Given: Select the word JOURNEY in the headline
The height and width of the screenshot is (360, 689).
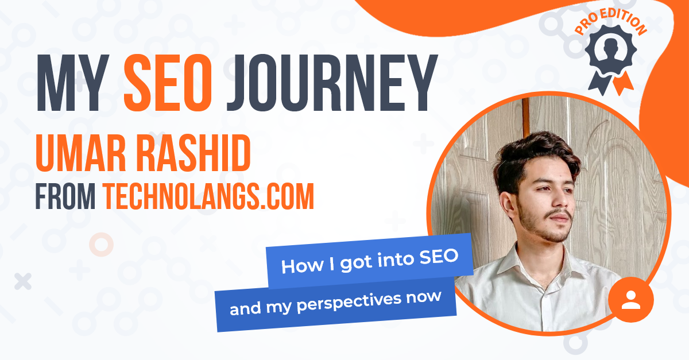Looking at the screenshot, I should coord(329,83).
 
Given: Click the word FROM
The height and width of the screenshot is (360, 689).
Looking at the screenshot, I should coord(65,197).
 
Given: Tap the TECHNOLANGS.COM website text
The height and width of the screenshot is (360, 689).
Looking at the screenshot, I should coord(208,197).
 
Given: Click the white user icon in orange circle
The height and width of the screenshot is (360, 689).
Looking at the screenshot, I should coord(630,300).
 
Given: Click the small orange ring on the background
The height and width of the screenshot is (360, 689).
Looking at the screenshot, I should coord(101,245).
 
